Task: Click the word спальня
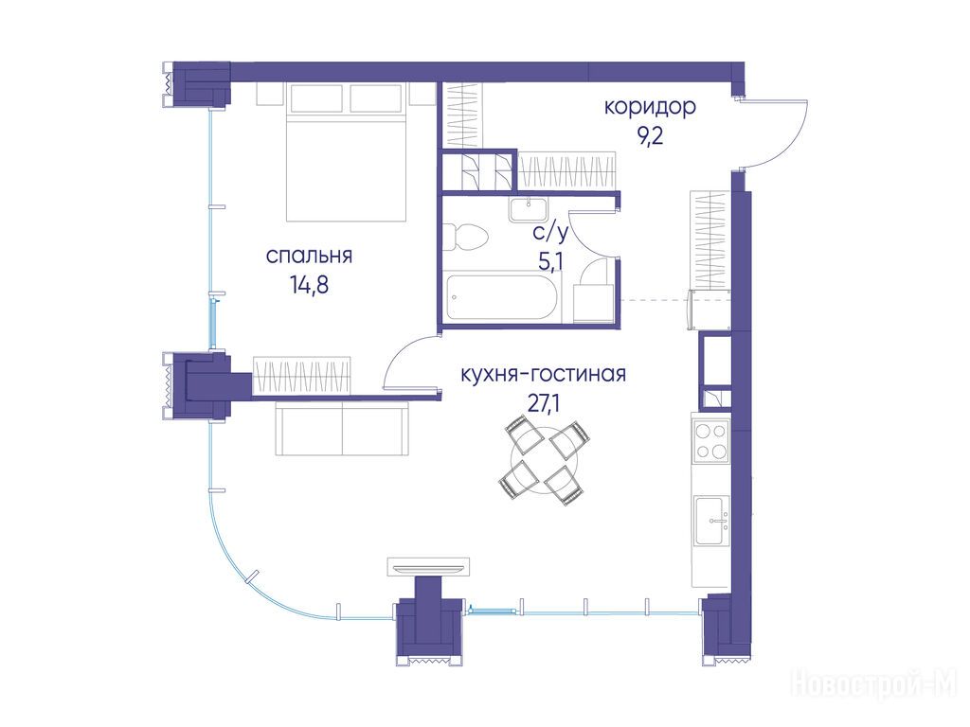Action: tap(309, 256)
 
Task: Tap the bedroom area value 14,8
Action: tap(309, 285)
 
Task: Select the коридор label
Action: tap(650, 108)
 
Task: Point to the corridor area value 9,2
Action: tap(651, 135)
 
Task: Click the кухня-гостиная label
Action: tap(543, 374)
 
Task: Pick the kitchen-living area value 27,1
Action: tap(543, 402)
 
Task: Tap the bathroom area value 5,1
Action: tap(550, 261)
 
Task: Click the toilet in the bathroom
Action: tap(466, 237)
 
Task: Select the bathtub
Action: tap(502, 298)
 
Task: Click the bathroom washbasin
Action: tap(529, 209)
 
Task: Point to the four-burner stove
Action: tap(710, 441)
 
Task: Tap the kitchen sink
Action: tap(711, 522)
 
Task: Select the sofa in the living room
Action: tap(342, 428)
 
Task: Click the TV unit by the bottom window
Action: tap(428, 566)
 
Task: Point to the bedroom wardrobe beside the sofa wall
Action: tap(302, 375)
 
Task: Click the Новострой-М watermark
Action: tap(874, 683)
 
